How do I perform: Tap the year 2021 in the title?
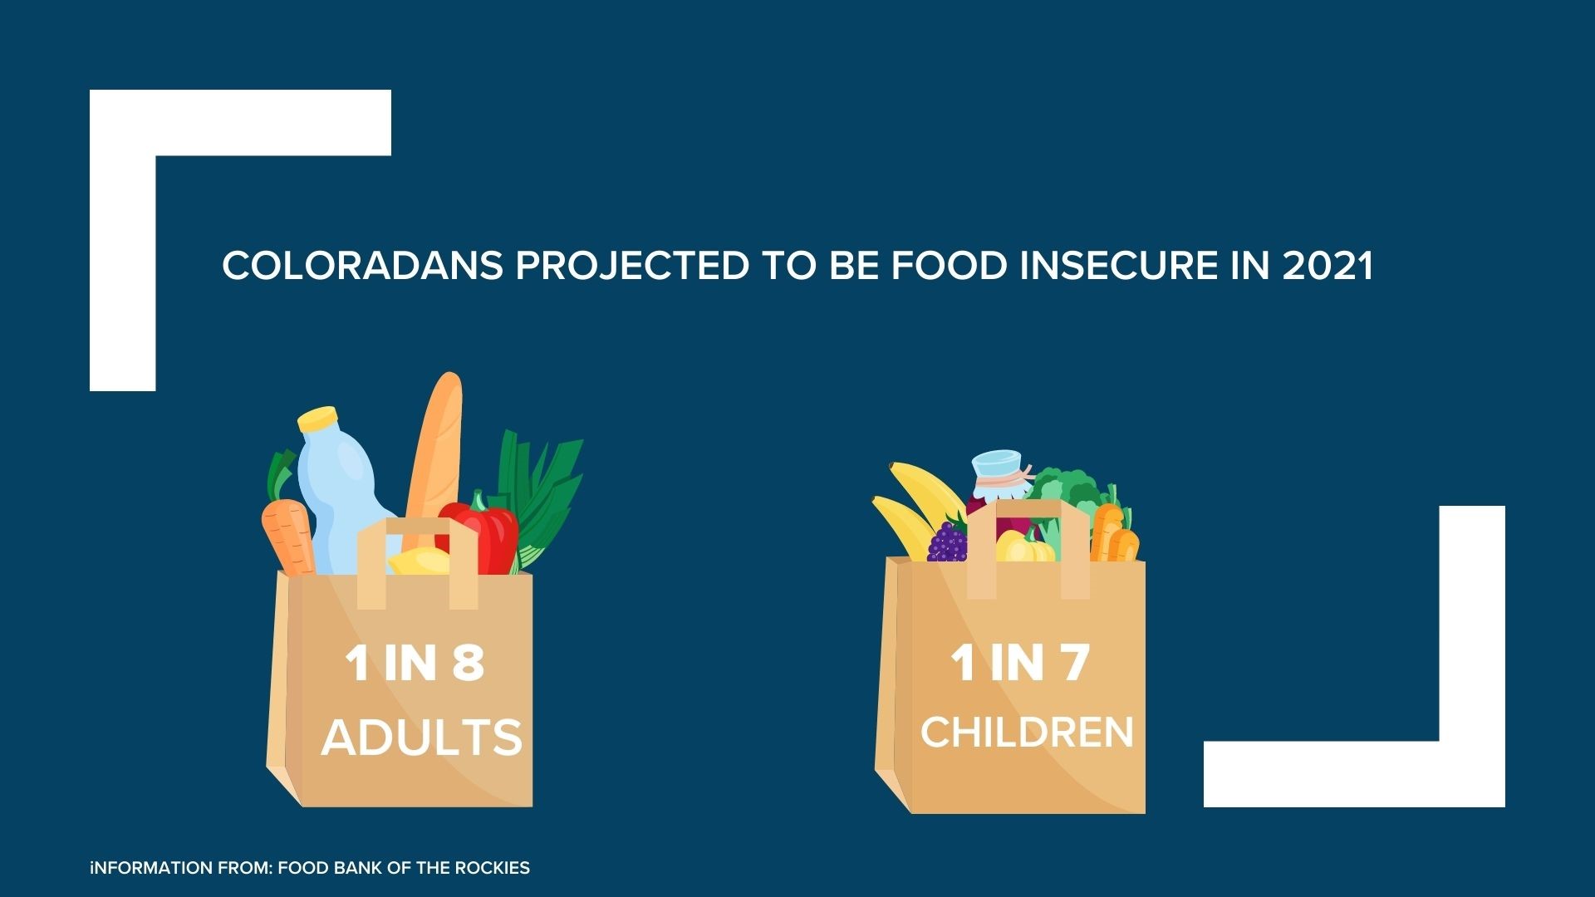[1328, 266]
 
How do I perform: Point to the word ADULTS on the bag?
[422, 737]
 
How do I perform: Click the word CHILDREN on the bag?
[1027, 732]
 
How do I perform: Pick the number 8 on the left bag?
[468, 663]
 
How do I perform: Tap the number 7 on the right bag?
[1073, 663]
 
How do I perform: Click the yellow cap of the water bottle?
[317, 418]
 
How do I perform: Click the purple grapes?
[948, 541]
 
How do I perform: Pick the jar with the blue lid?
[997, 482]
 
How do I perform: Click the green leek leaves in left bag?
[540, 494]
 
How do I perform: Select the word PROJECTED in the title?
[632, 266]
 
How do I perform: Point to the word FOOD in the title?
[950, 266]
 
